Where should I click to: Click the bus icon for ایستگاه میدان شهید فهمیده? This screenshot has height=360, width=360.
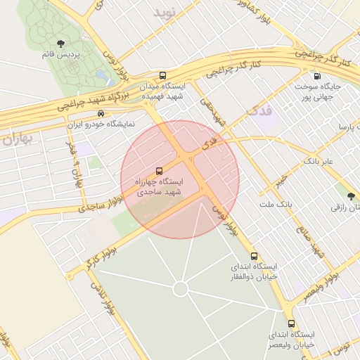[163, 76]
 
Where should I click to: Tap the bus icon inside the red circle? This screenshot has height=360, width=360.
[158, 171]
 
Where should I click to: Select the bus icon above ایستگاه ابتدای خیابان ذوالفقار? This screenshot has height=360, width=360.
[254, 257]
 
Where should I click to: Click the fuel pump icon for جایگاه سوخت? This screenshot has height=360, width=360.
[317, 77]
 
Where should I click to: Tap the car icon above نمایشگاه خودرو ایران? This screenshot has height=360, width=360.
[101, 113]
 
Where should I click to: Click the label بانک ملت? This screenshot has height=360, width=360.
[275, 204]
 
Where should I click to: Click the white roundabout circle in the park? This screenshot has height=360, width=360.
[180, 289]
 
